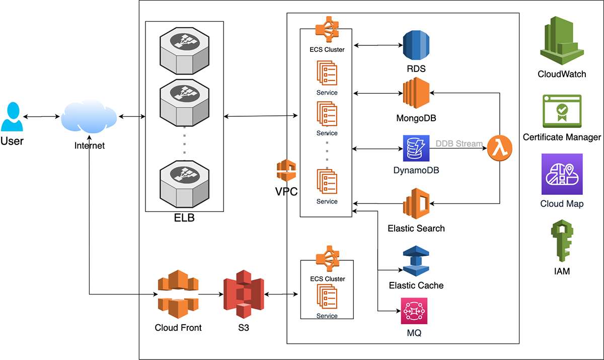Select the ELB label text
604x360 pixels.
pyautogui.click(x=184, y=219)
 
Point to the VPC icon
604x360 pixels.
pyautogui.click(x=285, y=171)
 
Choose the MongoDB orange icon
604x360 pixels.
pyautogui.click(x=416, y=94)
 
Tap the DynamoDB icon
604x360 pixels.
pyautogui.click(x=415, y=148)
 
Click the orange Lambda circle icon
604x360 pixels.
pyautogui.click(x=500, y=149)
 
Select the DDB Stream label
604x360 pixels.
pyautogui.click(x=459, y=144)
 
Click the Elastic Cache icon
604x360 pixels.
pyautogui.click(x=416, y=261)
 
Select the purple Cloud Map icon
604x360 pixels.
pyautogui.click(x=561, y=174)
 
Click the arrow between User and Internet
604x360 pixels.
pyautogui.click(x=42, y=117)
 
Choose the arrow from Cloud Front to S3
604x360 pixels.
pyautogui.click(x=210, y=294)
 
